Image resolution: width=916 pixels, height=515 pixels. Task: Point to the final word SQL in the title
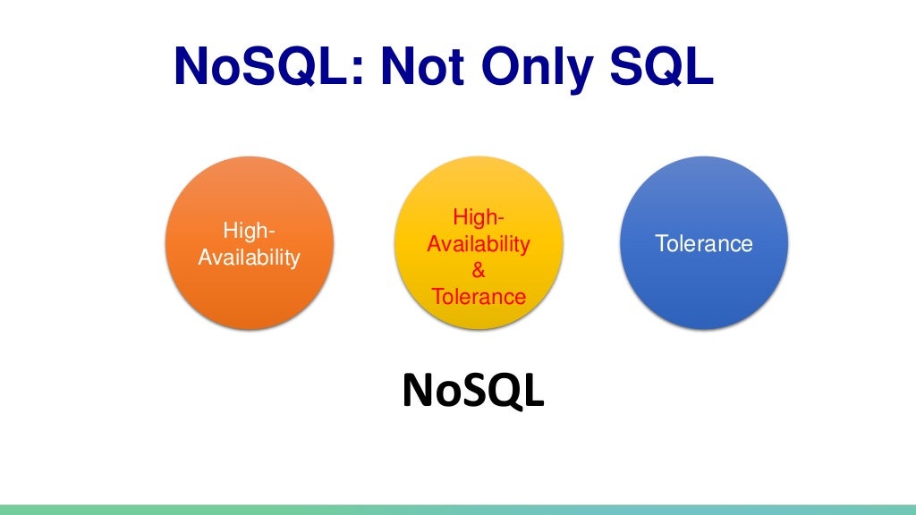(664, 67)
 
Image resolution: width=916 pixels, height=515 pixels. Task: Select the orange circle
(250, 242)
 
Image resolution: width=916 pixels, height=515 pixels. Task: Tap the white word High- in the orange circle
(250, 231)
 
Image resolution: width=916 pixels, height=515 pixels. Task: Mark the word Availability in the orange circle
(250, 257)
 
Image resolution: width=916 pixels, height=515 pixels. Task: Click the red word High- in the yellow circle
(479, 217)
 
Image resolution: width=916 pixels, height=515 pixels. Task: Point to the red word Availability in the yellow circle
(479, 243)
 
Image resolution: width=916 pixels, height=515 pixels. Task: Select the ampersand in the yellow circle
(479, 270)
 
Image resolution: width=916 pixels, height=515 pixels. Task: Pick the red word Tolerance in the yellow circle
(479, 296)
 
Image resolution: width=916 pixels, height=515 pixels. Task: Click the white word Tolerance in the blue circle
(703, 243)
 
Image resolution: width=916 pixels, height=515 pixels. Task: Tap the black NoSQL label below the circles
(472, 391)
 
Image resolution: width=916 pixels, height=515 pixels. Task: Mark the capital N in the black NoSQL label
(418, 391)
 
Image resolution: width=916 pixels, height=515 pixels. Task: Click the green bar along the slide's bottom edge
(458, 509)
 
